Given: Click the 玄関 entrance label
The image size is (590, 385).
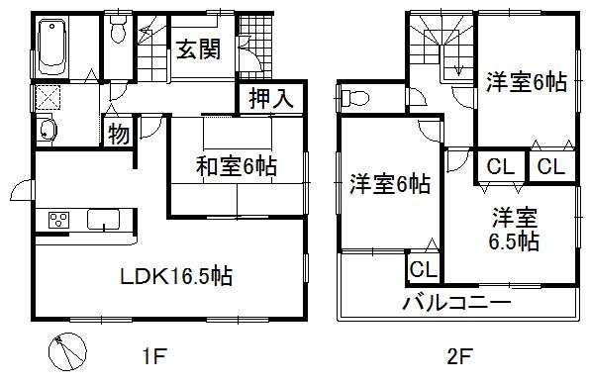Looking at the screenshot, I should pyautogui.click(x=199, y=49).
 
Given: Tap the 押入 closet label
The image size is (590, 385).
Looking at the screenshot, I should pyautogui.click(x=267, y=99).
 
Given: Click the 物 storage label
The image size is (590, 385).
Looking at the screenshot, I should pyautogui.click(x=118, y=134).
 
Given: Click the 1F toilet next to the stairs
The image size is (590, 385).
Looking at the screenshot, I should pyautogui.click(x=118, y=34).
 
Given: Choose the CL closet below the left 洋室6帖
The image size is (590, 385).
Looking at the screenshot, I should pyautogui.click(x=424, y=268).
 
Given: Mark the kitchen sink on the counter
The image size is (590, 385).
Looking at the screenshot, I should pyautogui.click(x=102, y=220).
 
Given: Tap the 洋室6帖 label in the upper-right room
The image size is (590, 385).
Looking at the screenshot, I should pyautogui.click(x=525, y=84).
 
